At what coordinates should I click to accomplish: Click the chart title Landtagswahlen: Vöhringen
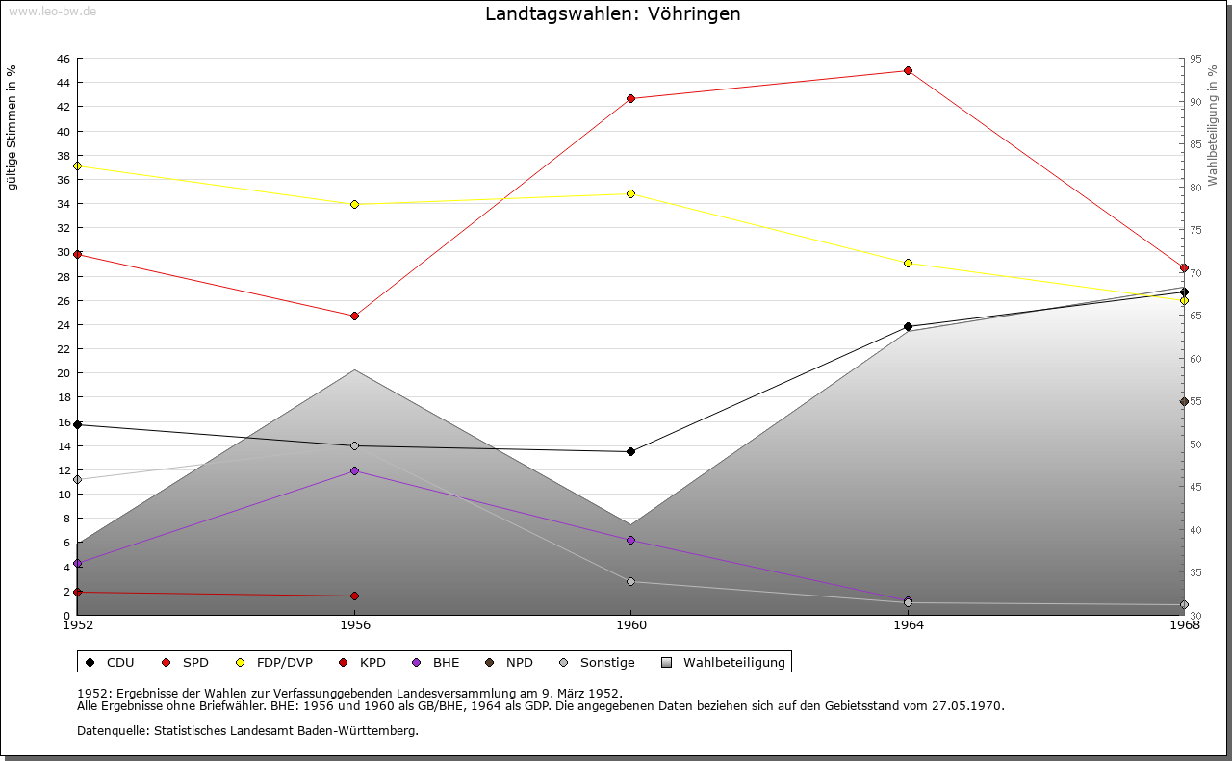[613, 13]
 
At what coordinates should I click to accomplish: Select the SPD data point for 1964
[908, 70]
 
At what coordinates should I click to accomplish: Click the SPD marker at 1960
[630, 98]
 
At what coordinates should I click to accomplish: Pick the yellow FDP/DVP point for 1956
[354, 204]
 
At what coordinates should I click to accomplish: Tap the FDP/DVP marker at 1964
[908, 263]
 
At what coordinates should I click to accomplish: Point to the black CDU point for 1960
[630, 451]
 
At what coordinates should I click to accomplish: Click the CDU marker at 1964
[908, 326]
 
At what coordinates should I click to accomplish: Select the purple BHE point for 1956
[354, 470]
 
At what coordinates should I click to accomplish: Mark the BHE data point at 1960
[630, 540]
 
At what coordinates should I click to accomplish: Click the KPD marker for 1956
[354, 596]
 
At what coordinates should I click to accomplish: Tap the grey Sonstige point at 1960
[630, 581]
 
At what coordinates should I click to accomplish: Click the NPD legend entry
[510, 662]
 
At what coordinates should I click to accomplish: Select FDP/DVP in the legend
[274, 662]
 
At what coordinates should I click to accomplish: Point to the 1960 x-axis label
[630, 625]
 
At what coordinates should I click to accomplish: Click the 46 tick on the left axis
[63, 59]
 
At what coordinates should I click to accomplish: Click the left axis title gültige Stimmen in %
[12, 128]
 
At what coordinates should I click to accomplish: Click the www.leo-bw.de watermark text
[51, 10]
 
